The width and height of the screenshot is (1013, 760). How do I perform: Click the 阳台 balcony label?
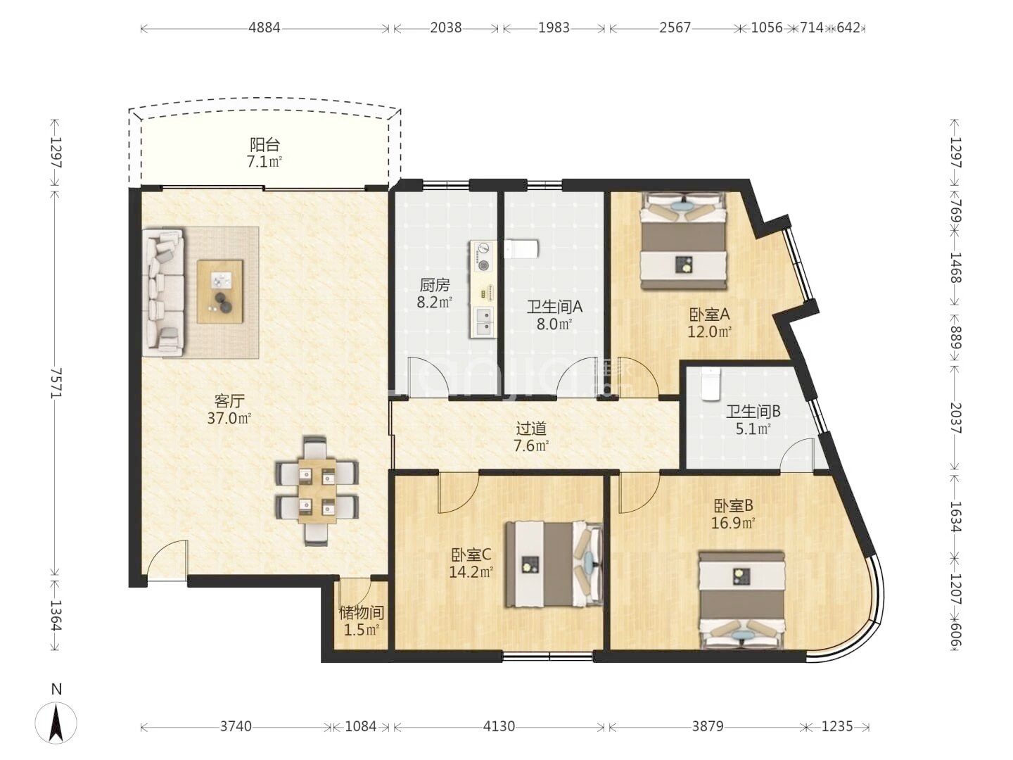point(265,145)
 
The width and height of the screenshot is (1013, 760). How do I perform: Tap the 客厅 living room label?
point(229,401)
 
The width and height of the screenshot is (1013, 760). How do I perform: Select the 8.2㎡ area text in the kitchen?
point(435,303)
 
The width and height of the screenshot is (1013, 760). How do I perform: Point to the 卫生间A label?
point(554,307)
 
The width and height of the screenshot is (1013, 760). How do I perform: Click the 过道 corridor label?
point(531,429)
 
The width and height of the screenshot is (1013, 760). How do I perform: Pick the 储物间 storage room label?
point(362,613)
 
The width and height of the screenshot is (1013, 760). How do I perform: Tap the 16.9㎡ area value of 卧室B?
point(733,524)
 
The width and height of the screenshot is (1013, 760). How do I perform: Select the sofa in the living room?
point(163,293)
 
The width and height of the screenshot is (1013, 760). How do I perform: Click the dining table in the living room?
point(317,491)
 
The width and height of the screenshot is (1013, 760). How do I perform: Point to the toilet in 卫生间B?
point(711,384)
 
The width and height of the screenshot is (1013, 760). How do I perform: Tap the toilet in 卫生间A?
point(521,249)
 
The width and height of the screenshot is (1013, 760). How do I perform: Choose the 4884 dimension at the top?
point(265,28)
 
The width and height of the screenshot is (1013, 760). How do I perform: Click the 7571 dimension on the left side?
point(56,383)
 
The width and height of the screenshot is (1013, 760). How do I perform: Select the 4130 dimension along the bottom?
point(499,727)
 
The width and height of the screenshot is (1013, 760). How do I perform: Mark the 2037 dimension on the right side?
point(955,419)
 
